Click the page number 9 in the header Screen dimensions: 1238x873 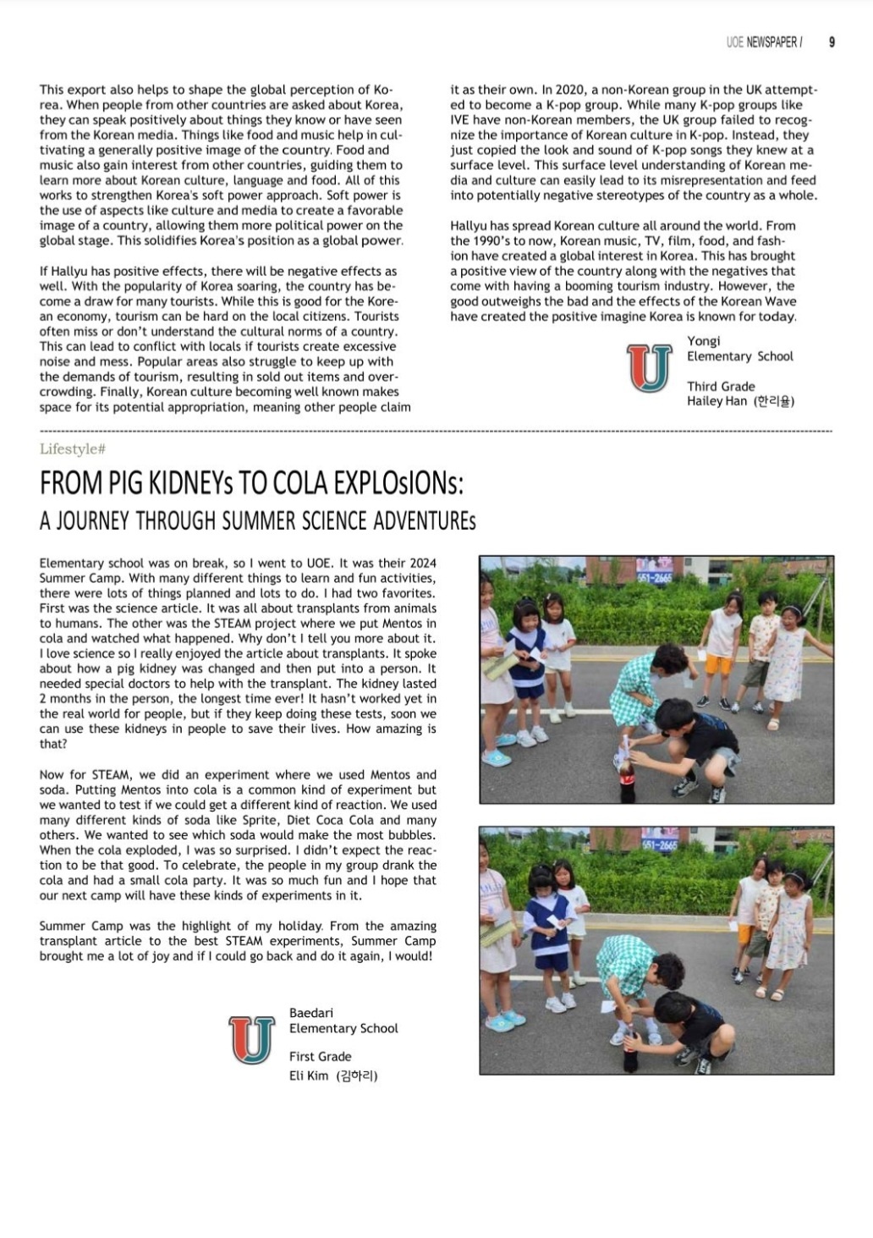832,42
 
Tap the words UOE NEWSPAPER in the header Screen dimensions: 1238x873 762,42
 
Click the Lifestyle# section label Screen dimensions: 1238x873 72,449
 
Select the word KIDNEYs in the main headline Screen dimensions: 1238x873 191,483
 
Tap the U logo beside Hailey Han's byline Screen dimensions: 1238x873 649,367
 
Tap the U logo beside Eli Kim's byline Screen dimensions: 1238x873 252,1039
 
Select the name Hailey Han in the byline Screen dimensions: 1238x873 717,401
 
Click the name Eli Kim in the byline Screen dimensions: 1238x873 309,1076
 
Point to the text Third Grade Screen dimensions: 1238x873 721,386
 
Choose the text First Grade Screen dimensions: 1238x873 320,1056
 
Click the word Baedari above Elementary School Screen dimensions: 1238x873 311,1013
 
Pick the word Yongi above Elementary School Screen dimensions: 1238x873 704,341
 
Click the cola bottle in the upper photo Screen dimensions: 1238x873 628,780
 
